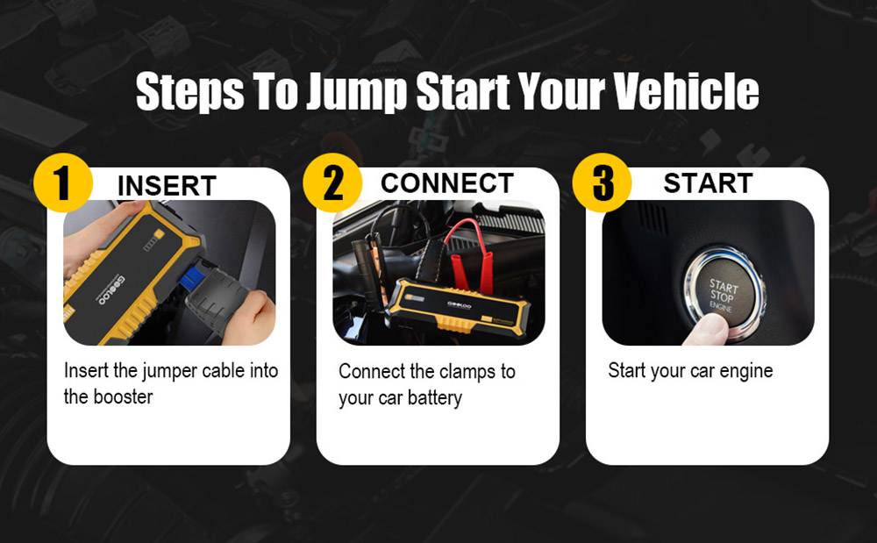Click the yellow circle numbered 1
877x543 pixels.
tap(62, 182)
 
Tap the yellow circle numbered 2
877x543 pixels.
tap(332, 182)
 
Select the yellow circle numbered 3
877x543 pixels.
tap(602, 182)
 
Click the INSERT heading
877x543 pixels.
tap(167, 186)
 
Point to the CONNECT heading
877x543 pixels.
tap(447, 182)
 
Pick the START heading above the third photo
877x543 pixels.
tap(708, 182)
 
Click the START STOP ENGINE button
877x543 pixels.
tap(724, 294)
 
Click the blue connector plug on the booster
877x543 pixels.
tap(193, 278)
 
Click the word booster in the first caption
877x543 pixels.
tap(123, 397)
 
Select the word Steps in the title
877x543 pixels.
tap(189, 92)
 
